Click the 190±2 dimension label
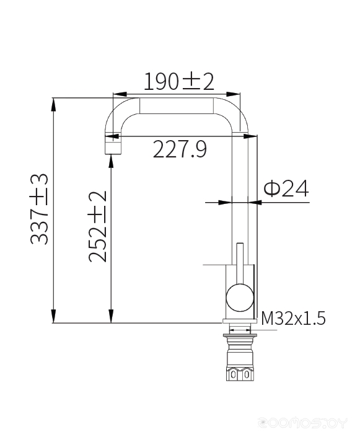[179, 81]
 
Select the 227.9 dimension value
[180, 149]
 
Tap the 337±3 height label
[39, 209]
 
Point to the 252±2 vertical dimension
[97, 227]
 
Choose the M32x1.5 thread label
[293, 318]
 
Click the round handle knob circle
[240, 298]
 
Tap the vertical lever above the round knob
[240, 263]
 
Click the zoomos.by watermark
[303, 423]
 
